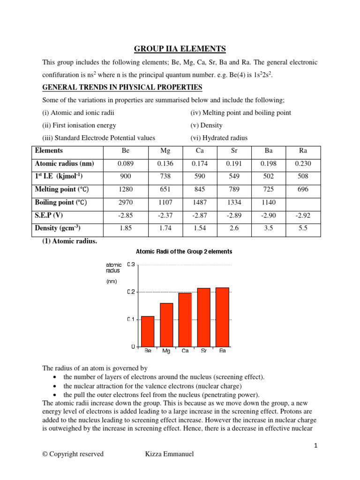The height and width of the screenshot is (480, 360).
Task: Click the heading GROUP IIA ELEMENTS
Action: coord(180,49)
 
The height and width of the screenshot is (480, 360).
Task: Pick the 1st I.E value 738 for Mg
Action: coord(159,177)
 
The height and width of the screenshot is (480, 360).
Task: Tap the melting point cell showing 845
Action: coord(199,189)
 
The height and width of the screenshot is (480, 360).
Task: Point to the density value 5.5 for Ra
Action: coord(302,228)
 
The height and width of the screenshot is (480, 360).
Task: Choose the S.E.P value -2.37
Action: coord(159,216)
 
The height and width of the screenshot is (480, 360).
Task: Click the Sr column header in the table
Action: coord(234,151)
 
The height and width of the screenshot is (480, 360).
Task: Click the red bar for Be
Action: coord(148,331)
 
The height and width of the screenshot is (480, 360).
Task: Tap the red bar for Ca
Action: coord(185,320)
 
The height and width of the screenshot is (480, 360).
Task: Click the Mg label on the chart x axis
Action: coord(166,351)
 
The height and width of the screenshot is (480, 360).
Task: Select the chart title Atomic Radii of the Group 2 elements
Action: coord(184,252)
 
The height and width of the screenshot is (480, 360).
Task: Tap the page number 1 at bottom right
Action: coord(316,446)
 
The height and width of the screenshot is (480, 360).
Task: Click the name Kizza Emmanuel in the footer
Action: coord(170,454)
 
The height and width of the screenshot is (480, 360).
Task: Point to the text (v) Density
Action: coord(206,125)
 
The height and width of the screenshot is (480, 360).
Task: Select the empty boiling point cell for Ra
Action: coord(302,202)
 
